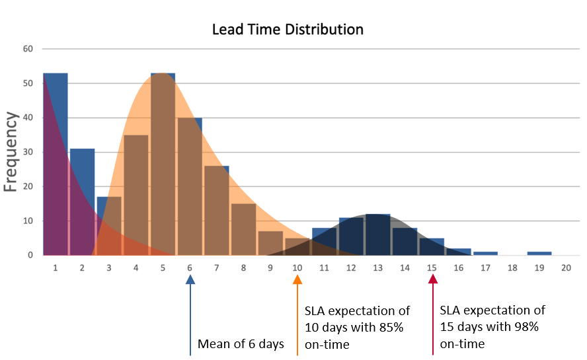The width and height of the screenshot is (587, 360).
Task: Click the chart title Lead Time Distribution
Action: [287, 30]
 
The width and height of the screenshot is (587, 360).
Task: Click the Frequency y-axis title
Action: [11, 152]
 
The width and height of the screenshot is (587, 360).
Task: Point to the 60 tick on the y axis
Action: [28, 49]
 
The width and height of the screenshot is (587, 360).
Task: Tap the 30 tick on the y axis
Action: [28, 152]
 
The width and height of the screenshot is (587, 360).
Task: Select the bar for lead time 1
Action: [55, 165]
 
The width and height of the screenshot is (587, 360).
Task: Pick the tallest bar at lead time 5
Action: [163, 165]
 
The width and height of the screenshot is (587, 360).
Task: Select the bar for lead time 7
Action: [217, 211]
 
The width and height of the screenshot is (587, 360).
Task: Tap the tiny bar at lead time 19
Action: [539, 254]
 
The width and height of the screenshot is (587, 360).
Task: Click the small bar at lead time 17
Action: [485, 254]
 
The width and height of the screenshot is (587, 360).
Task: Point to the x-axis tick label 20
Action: [566, 268]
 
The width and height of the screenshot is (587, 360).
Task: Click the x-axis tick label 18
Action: [512, 268]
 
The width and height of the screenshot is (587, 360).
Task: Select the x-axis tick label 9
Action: [270, 268]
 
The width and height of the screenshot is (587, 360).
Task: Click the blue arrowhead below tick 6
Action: [190, 280]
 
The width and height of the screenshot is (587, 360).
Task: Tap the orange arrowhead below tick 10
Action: [297, 280]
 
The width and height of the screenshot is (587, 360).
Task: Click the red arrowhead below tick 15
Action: [433, 280]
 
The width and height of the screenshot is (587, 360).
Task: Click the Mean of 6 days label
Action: [241, 344]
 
